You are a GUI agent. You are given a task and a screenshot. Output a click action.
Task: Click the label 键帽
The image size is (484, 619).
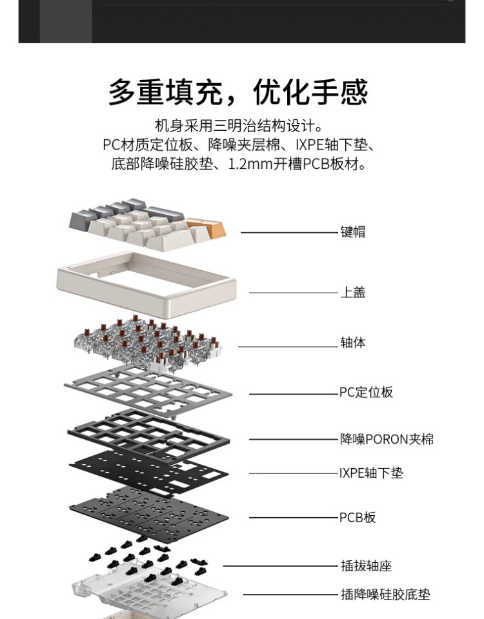(353, 232)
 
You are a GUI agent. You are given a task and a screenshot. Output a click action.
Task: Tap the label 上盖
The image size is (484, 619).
(353, 293)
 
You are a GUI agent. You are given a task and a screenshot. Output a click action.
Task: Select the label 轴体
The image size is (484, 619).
(353, 342)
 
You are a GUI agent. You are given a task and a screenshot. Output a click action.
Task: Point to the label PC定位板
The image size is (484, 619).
(366, 392)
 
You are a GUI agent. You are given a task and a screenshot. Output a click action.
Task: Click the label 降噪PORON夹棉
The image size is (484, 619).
(387, 439)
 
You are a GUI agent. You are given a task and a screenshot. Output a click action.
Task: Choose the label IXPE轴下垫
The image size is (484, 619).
(371, 473)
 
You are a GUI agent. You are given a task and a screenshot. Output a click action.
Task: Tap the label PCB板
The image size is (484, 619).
(358, 517)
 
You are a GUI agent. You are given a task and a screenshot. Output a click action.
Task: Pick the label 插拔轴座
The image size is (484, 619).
(366, 566)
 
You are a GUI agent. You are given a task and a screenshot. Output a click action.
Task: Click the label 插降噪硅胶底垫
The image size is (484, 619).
(385, 594)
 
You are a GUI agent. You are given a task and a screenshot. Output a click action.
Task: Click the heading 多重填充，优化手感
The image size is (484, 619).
(238, 92)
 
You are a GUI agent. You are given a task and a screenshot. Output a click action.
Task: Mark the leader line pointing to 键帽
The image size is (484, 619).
(290, 232)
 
